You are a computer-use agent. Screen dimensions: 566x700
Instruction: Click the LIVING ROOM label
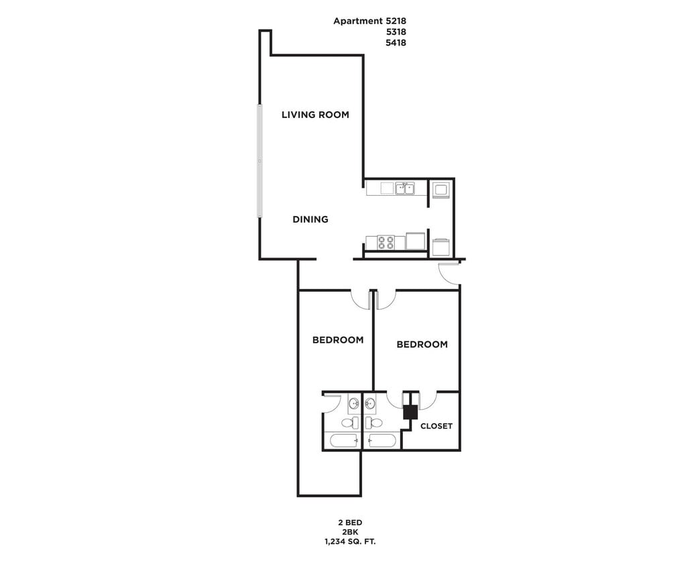click(315, 115)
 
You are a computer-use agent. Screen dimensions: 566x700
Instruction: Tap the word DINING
click(310, 219)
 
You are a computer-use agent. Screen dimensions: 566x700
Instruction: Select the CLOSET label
click(436, 426)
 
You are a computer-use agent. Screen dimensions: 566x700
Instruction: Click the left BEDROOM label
click(338, 340)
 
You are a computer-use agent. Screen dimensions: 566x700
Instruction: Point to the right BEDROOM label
click(422, 345)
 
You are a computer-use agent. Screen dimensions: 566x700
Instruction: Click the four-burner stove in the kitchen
click(386, 242)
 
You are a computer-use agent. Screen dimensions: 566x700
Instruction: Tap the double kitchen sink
click(404, 188)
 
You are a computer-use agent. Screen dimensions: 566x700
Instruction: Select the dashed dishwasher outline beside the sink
click(387, 188)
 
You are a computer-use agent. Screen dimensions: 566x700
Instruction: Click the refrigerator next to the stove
click(415, 241)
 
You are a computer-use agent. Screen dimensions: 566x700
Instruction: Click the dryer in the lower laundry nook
click(441, 247)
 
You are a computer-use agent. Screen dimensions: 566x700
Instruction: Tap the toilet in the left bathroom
click(350, 422)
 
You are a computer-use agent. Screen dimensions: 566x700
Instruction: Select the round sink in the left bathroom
click(353, 404)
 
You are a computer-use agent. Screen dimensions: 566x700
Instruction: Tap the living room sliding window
click(259, 161)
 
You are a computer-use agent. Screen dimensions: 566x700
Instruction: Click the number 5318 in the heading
click(396, 32)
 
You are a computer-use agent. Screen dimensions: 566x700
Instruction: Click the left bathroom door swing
click(332, 403)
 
